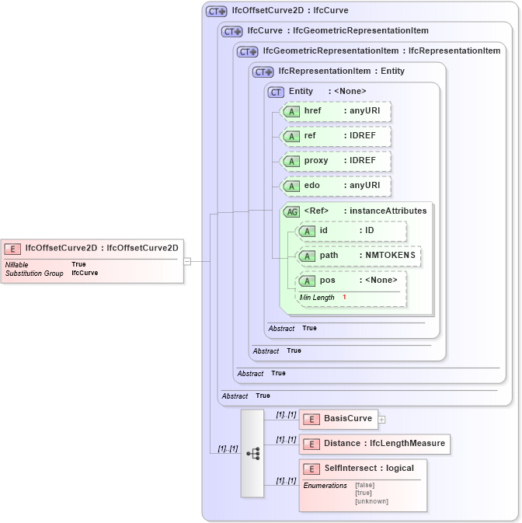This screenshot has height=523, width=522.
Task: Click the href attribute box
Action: [x=336, y=111]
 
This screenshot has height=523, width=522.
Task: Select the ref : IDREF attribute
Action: [x=336, y=136]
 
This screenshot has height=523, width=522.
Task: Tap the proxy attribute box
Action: [x=336, y=161]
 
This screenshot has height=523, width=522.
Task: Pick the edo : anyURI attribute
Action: [x=336, y=186]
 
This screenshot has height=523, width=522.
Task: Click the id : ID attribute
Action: [x=352, y=231]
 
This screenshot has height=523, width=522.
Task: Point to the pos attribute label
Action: [x=328, y=281]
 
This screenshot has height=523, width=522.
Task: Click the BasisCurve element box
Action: [x=339, y=420]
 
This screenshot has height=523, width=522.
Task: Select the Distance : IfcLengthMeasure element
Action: [x=374, y=444]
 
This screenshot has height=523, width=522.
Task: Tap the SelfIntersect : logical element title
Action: [x=368, y=469]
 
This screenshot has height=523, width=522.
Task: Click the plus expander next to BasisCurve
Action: [x=382, y=420]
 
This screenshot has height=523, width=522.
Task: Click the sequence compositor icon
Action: [x=252, y=453]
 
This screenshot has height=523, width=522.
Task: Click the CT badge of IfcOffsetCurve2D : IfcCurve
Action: [x=216, y=12]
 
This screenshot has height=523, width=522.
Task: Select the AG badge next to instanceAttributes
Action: [x=292, y=211]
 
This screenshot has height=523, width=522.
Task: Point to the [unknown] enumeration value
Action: [x=371, y=501]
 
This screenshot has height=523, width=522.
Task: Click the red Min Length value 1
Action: [x=344, y=298]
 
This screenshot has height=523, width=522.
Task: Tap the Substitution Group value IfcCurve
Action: [x=85, y=274]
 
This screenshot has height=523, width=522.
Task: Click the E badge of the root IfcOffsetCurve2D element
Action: [x=12, y=249]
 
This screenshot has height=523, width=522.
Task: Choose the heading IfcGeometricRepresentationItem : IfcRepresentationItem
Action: [x=381, y=51]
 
